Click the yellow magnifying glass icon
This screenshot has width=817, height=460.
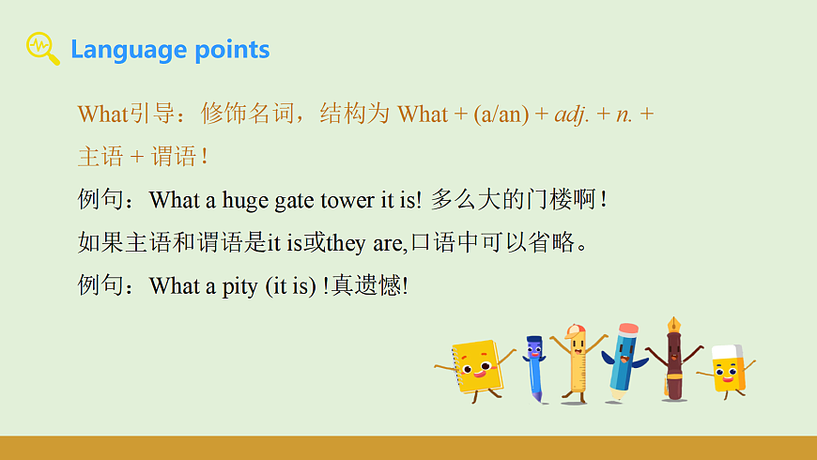point(41,48)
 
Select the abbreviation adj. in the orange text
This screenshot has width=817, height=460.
point(570,115)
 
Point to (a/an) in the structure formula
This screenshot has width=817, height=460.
point(501,115)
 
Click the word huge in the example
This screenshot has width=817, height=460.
point(245,200)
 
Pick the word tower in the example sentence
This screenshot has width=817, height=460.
point(347,200)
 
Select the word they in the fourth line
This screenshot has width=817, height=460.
point(346,244)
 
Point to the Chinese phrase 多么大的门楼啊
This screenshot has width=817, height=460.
point(515,200)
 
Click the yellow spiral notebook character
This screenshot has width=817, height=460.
point(477,365)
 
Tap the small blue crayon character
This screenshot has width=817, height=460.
point(534,366)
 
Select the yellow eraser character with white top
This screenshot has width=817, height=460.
point(727,368)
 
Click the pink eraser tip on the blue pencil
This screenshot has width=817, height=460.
point(629,330)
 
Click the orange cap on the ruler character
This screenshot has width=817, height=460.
point(575,330)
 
